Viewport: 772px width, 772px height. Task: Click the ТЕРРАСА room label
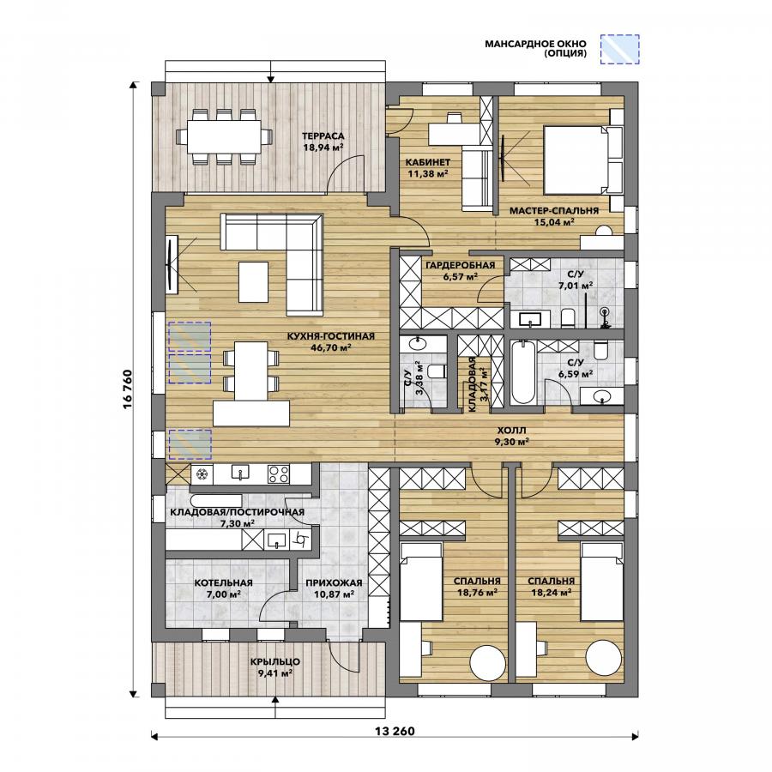(x=323, y=136)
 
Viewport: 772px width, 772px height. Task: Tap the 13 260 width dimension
(x=395, y=731)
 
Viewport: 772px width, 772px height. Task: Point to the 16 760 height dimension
(x=128, y=389)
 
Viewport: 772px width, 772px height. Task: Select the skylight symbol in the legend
(x=619, y=49)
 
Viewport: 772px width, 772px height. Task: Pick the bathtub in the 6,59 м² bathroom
(x=522, y=373)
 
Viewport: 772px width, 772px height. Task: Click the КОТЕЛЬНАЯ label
(x=224, y=583)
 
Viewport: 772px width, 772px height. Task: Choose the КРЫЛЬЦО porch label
(x=274, y=661)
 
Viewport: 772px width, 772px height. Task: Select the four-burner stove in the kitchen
(x=278, y=473)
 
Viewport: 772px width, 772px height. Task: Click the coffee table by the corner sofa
(x=254, y=281)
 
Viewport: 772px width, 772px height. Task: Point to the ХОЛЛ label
(x=511, y=431)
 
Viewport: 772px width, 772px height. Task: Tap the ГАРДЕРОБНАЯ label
(x=461, y=265)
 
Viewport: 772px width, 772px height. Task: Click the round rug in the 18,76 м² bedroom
(x=488, y=661)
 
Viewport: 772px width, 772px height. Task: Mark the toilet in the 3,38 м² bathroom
(x=437, y=371)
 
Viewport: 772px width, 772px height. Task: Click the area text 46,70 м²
(x=331, y=347)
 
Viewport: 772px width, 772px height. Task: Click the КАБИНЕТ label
(x=428, y=162)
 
